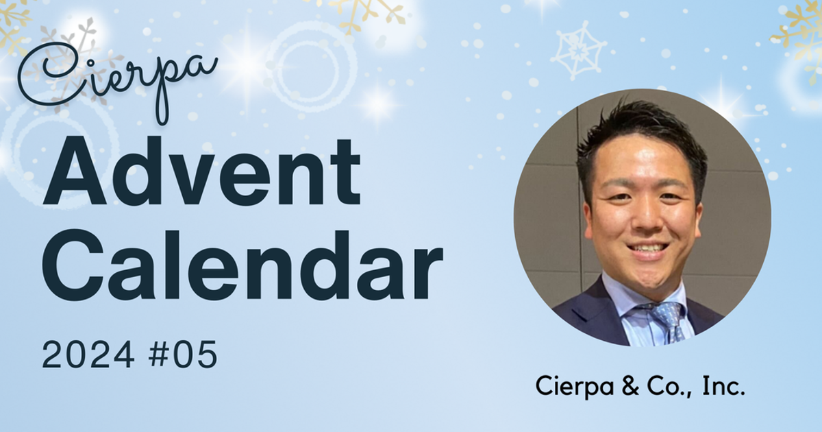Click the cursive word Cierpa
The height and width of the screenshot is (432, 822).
(x=117, y=79)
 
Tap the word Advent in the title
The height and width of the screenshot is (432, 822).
(x=201, y=171)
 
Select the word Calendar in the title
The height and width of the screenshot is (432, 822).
(x=242, y=265)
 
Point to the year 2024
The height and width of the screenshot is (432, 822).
(x=88, y=354)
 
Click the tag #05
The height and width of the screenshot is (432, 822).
(x=183, y=354)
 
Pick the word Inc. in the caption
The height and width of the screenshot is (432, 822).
(x=723, y=386)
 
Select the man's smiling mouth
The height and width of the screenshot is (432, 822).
(x=646, y=249)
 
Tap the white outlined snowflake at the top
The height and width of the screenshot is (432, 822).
(x=578, y=50)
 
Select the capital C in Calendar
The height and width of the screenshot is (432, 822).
(x=73, y=265)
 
